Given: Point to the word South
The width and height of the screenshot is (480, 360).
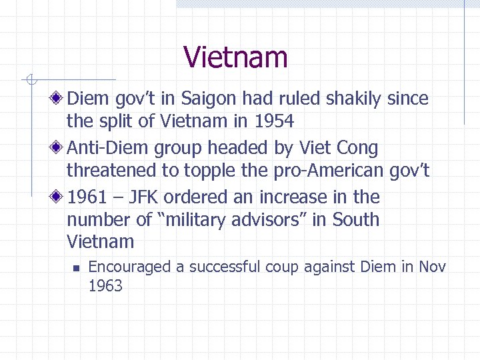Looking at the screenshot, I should pos(355,220).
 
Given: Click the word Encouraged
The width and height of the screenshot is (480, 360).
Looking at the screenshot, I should pos(129,267).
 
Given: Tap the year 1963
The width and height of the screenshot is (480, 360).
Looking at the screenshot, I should pos(105,286).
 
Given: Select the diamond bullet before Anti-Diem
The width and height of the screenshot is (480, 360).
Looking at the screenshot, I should pos(58,148).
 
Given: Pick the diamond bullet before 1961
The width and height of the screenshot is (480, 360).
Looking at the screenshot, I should pos(58,197).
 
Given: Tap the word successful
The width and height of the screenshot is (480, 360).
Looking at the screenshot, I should pos(225,267).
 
